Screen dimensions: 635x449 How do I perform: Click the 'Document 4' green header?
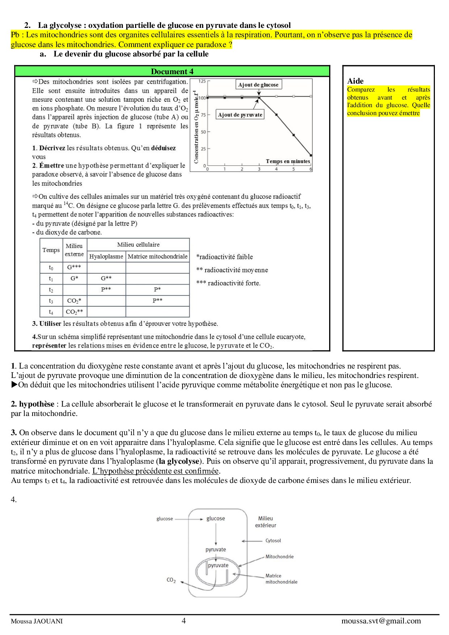[172, 71]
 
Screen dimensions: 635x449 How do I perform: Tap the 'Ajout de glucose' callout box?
[258, 85]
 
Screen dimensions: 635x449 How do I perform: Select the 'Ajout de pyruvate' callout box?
[240, 115]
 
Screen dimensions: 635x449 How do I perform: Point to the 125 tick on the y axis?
[202, 81]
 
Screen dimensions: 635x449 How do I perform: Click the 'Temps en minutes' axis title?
[288, 161]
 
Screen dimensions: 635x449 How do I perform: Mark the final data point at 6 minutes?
[311, 155]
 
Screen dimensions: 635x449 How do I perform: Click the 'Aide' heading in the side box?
[355, 81]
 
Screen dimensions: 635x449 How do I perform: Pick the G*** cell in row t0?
[74, 267]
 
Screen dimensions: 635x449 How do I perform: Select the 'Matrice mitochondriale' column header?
[158, 256]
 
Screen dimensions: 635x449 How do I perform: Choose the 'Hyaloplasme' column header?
[106, 256]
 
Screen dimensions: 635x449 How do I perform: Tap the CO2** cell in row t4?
[74, 312]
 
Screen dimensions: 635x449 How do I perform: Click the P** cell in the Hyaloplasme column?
[106, 289]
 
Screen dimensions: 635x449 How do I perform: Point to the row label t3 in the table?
[51, 301]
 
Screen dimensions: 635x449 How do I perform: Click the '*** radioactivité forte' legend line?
[228, 283]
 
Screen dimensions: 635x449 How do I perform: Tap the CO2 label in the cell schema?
[171, 580]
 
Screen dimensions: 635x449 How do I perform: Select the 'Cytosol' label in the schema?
[273, 541]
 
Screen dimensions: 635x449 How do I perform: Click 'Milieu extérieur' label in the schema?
[265, 522]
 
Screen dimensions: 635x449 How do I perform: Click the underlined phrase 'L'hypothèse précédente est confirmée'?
[156, 471]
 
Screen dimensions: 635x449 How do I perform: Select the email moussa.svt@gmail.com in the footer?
[381, 621]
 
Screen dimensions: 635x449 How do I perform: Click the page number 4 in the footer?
[184, 621]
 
